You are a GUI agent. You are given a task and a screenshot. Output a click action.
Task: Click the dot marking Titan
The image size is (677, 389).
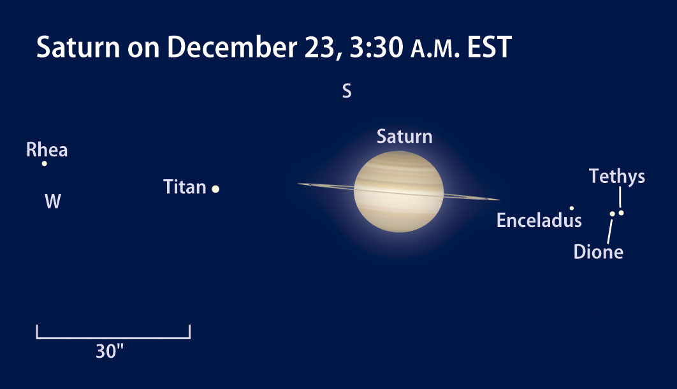click(215, 189)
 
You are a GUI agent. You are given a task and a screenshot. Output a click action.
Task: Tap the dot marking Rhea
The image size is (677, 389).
click(44, 164)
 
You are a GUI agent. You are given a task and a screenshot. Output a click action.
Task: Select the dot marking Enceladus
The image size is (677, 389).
click(572, 208)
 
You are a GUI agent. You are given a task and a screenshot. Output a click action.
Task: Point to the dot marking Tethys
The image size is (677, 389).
click(621, 213)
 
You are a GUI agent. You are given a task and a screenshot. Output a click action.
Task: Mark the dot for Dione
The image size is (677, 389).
click(612, 214)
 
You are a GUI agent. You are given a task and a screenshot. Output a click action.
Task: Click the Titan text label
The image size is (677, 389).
click(185, 187)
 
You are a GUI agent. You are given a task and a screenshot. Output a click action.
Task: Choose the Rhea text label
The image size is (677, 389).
click(47, 150)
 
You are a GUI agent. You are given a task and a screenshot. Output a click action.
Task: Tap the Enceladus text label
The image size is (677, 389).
click(539, 220)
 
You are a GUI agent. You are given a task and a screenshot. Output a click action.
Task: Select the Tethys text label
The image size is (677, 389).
click(617, 176)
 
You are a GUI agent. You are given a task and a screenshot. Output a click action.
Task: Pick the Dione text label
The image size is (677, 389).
click(599, 252)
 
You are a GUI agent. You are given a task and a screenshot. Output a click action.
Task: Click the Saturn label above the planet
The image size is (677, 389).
click(405, 136)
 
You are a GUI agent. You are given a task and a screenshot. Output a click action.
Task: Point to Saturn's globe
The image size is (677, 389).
click(398, 192)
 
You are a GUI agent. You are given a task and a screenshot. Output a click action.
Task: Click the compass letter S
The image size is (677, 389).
click(347, 91)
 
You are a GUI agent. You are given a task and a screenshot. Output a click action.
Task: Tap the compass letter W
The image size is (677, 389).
click(53, 201)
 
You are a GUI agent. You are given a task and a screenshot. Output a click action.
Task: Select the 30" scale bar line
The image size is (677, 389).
click(113, 337)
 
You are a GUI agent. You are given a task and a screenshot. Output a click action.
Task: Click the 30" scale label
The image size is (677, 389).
click(110, 351)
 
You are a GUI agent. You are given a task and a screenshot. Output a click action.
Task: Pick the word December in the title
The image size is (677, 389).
click(232, 47)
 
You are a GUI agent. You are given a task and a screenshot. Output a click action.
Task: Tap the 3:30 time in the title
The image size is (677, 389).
click(377, 47)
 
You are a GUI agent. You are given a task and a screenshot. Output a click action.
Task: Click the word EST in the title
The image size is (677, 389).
click(490, 47)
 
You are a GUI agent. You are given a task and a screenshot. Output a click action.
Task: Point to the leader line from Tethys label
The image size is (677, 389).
click(620, 197)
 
